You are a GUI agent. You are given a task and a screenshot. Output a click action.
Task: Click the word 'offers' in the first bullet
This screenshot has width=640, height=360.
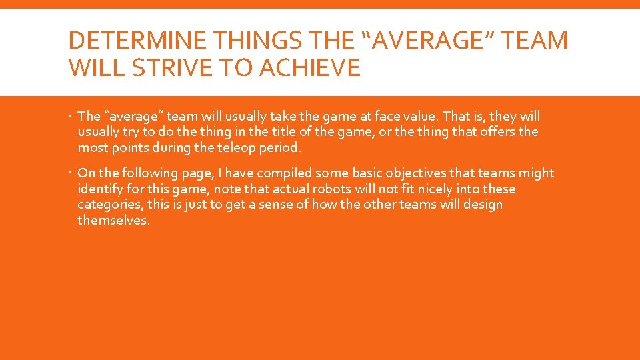coord(493,132)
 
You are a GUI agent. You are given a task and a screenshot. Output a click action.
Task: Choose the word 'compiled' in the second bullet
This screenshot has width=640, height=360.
coord(251,173)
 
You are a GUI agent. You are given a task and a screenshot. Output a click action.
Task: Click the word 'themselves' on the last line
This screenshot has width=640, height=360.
coord(113,221)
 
